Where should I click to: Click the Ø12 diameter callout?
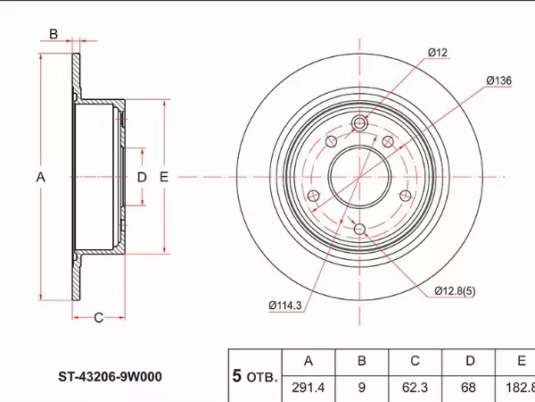pos(436,53)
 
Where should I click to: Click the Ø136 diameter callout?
pos(498,80)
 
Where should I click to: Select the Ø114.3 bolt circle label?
pos(285,306)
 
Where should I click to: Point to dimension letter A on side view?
pos(39,177)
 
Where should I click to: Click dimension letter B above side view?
pos(53,35)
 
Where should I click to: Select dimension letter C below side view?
pos(99,317)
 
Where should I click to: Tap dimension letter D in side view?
pos(141,177)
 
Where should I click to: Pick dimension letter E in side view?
pos(164,177)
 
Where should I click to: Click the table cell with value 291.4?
pos(309,388)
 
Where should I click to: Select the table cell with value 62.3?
pos(415,388)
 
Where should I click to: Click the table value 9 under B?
pos(362,388)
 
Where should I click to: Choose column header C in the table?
pos(415,362)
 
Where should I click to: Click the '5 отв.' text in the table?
pos(255,376)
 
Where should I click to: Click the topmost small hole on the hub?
pos(359,123)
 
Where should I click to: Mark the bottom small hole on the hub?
pos(359,230)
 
